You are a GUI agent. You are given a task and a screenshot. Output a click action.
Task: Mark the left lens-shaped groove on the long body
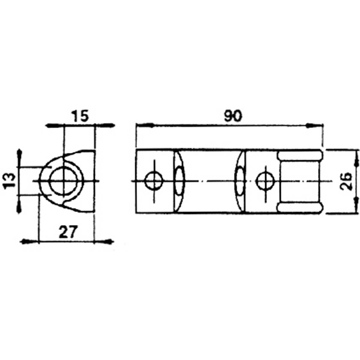(x=180, y=182)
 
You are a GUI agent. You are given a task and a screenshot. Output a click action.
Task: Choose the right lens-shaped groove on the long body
(x=240, y=182)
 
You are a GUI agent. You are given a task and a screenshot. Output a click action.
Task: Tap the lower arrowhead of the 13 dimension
(x=20, y=203)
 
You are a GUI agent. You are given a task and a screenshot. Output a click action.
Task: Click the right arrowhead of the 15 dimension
(x=106, y=126)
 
